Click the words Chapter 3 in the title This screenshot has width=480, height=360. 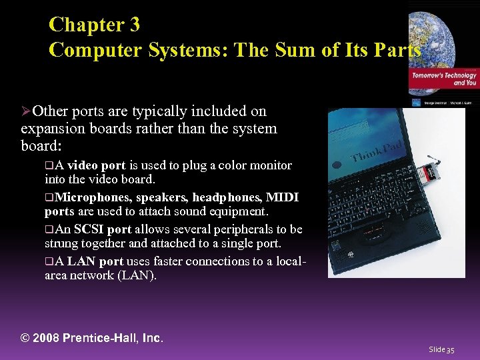pos(94,25)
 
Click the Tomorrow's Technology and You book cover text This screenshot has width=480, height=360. pos(443,79)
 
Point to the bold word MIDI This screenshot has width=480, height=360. pos(282,197)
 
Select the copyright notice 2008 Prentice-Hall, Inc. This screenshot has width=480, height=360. pos(92,338)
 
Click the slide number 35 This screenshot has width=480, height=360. pos(441,349)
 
